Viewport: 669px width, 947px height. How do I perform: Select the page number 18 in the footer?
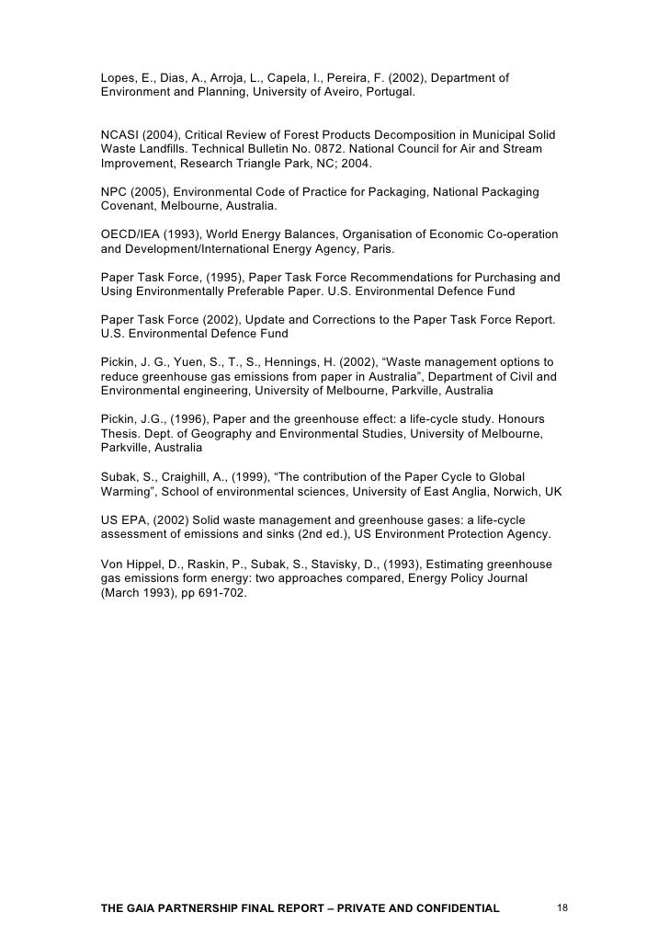[x=563, y=908]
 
